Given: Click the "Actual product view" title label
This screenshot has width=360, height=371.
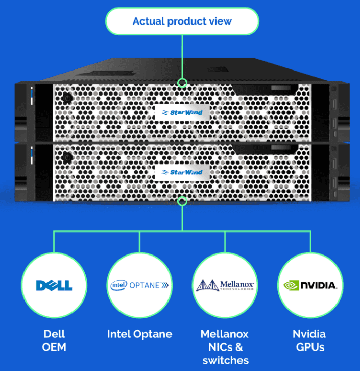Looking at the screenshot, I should (182, 21).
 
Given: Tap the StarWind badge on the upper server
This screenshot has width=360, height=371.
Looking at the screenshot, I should (182, 112).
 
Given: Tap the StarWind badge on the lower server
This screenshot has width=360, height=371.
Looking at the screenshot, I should (182, 172).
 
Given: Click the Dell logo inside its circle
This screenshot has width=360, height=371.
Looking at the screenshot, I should (54, 285).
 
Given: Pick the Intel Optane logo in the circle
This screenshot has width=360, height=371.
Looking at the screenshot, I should (139, 285).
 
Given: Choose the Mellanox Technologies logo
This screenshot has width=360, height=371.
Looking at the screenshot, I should (225, 285).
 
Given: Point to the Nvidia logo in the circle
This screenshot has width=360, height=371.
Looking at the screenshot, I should (309, 285).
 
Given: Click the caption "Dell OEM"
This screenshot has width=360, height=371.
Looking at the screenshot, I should (54, 341).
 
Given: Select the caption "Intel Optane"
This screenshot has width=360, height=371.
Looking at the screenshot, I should (139, 334).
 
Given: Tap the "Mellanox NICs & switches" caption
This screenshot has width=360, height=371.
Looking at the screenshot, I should (225, 347).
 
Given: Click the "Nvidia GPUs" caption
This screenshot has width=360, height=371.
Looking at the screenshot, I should (309, 341).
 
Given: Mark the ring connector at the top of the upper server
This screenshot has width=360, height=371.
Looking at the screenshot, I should (182, 83).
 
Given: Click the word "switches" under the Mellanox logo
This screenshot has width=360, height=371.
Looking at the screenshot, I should (225, 360).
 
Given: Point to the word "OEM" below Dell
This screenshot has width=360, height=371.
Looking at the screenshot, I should (54, 347).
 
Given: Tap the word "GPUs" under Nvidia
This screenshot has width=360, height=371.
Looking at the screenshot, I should (309, 347).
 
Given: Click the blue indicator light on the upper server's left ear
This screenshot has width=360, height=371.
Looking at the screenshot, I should (31, 96).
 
